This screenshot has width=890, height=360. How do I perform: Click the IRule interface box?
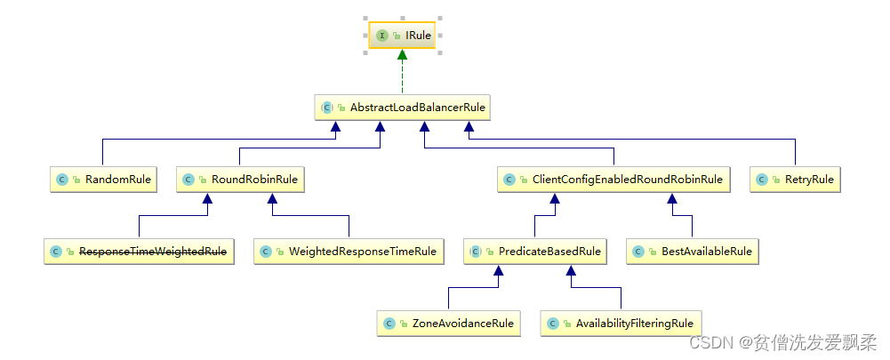(x=402, y=36)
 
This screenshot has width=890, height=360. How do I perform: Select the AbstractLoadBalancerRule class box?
(x=404, y=108)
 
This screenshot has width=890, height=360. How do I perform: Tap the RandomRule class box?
(x=102, y=180)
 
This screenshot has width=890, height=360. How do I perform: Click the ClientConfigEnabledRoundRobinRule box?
(x=613, y=180)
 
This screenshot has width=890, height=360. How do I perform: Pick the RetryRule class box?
(x=795, y=180)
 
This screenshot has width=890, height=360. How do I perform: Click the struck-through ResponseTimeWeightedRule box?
(x=139, y=252)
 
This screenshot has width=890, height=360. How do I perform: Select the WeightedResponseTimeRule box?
(x=349, y=252)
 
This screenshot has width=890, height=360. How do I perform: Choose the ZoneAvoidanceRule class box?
(x=448, y=324)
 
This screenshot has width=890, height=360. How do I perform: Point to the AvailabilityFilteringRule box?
(x=621, y=324)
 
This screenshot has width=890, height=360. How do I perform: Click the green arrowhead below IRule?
(x=402, y=56)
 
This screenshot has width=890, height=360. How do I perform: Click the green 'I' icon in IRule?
(x=381, y=36)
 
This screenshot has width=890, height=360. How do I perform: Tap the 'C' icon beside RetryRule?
(x=762, y=180)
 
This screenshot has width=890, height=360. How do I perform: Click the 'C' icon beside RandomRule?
(x=62, y=180)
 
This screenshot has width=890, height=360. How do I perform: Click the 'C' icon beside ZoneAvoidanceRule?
(x=389, y=324)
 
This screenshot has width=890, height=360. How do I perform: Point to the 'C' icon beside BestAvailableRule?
(x=638, y=252)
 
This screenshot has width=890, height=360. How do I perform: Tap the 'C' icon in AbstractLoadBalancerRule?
(x=327, y=108)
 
